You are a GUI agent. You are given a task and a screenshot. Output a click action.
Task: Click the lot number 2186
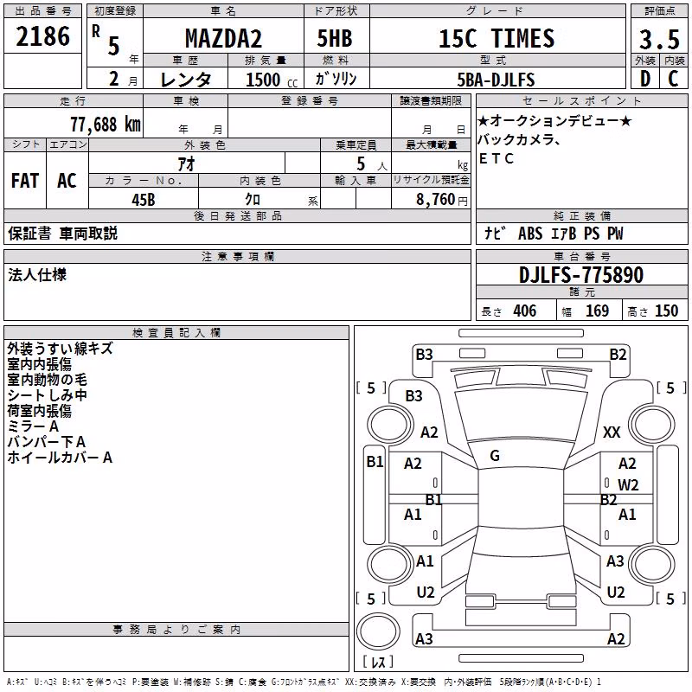coord(42,36)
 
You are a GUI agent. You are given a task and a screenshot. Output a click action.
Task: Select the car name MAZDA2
coord(223,38)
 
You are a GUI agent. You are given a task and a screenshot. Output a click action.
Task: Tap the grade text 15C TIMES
coord(497,38)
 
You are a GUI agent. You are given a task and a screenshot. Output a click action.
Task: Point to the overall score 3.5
coord(659,40)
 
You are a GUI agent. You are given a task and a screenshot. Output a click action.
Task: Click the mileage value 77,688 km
coord(106,125)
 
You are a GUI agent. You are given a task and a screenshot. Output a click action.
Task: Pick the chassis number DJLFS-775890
coord(581,275)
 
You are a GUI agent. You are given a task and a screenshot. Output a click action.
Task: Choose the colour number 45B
coord(144,200)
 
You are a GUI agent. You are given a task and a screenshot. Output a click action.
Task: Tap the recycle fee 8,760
coord(435,200)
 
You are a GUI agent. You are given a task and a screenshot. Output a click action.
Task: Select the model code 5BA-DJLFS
coord(496,80)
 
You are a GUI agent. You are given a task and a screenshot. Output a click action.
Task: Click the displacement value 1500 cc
coord(272,80)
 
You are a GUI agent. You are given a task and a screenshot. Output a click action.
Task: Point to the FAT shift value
coord(25,181)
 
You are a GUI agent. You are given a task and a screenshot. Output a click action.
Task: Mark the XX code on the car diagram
coord(612,432)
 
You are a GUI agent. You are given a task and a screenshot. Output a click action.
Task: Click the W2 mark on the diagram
coord(628,485)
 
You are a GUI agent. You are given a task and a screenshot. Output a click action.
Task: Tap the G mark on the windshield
coord(495,456)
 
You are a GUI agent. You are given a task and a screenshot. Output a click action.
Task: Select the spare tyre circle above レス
coord(378,631)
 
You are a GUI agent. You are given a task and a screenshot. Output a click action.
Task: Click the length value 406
coord(525,311)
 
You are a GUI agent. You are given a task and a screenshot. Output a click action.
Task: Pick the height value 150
coord(666,311)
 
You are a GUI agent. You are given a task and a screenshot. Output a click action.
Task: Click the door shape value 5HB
coord(335,38)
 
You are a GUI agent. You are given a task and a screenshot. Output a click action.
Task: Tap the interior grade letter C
coord(673,79)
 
